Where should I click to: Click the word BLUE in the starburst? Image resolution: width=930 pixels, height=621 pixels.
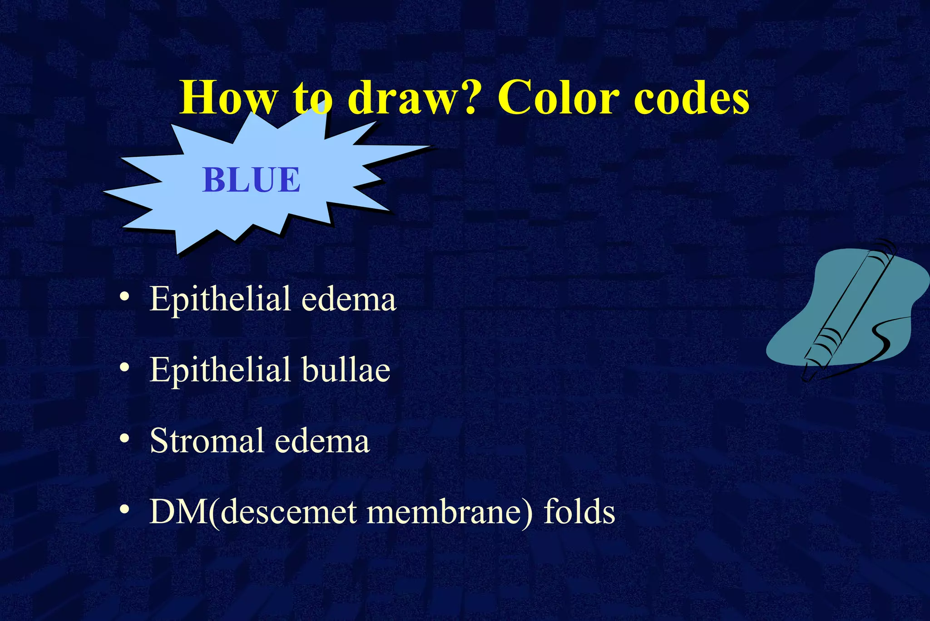[251, 180]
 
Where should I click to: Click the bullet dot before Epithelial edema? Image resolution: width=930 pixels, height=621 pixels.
[124, 297]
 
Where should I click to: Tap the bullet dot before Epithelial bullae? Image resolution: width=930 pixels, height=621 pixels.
[124, 368]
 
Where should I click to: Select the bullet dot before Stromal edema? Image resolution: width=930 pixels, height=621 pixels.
[124, 439]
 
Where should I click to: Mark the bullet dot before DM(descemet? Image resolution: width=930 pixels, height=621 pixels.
[124, 510]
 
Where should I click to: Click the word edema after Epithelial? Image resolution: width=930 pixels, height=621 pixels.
[349, 300]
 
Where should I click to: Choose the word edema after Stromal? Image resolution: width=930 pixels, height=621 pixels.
[322, 441]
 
